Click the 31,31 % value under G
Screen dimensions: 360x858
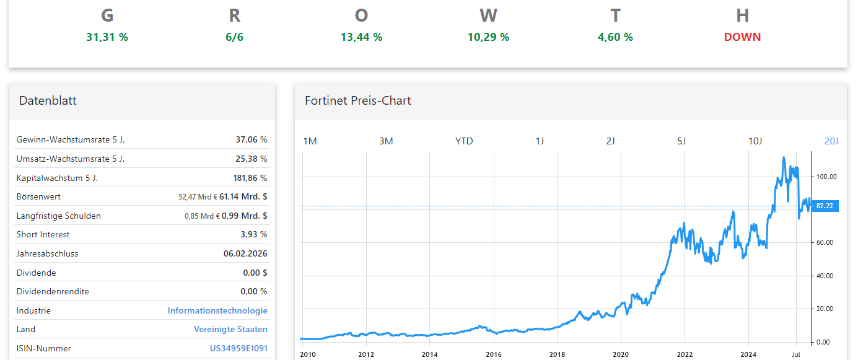[x=107, y=37]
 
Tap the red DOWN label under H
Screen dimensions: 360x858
[x=742, y=37]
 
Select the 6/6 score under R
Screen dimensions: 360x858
[x=234, y=37]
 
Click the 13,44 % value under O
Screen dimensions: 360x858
[x=361, y=37]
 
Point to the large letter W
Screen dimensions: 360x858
[x=488, y=15]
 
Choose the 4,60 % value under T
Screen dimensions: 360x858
[x=615, y=37]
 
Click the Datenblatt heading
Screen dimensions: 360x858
[x=48, y=100]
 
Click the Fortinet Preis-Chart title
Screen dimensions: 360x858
[x=357, y=100]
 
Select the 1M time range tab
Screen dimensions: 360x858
[x=310, y=141]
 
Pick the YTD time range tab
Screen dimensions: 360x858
[x=464, y=141]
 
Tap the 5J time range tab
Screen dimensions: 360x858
[x=681, y=141]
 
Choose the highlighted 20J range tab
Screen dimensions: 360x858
[x=831, y=141]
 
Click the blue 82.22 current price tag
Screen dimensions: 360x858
[x=825, y=206]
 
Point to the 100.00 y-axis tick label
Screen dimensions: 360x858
[x=826, y=177]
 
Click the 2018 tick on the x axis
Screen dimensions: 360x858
[x=557, y=354]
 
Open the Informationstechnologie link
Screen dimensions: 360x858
[x=217, y=310]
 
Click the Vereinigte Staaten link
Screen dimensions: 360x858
[x=230, y=330]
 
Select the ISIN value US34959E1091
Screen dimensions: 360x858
[x=239, y=349]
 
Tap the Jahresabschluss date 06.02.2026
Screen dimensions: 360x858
[x=245, y=253]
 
